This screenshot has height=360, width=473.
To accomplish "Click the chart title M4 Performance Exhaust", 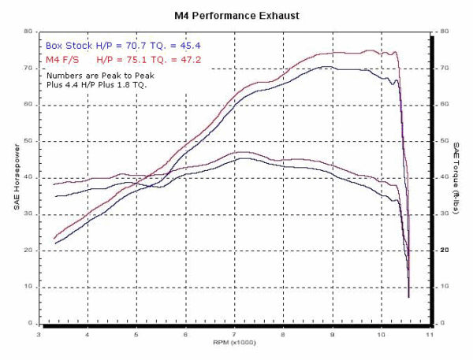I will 236,15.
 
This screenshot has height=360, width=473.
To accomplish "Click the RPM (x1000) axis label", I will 234,343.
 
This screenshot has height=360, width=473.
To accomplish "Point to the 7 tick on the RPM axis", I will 233,334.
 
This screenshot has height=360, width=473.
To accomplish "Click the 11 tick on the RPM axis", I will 430,334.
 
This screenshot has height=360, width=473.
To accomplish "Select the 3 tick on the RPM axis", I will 37,334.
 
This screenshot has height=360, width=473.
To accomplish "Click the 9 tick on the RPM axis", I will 332,334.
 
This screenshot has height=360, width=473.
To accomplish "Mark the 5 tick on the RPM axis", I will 136,334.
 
